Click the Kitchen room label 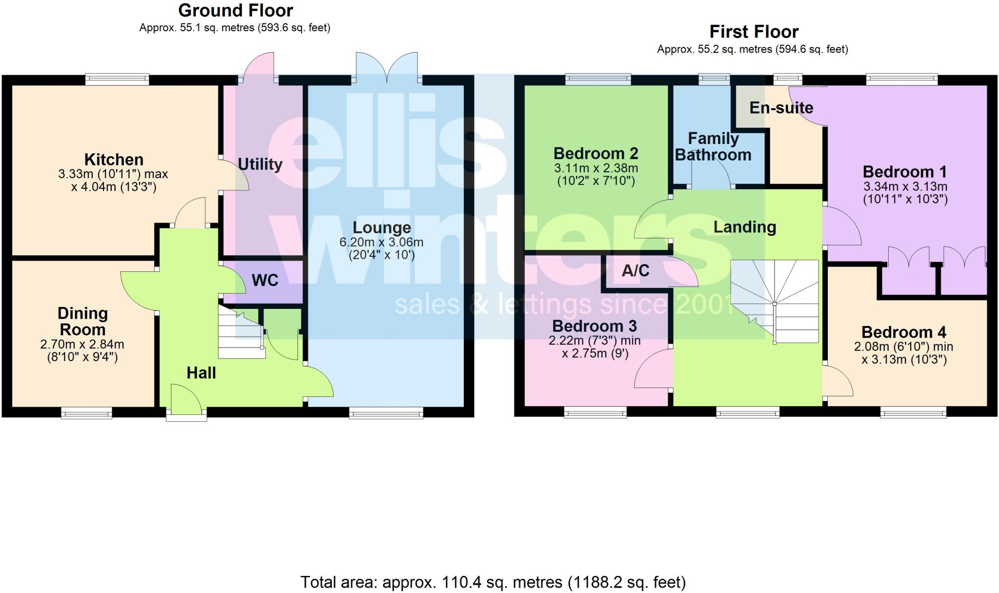click(114, 160)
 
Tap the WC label click(265, 280)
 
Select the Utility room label click(260, 164)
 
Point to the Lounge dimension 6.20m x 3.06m click(381, 242)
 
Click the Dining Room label click(82, 321)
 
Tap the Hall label click(201, 373)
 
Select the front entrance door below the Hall click(186, 401)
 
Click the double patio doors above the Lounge click(387, 67)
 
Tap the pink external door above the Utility click(259, 68)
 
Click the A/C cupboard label click(635, 270)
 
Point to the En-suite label click(781, 108)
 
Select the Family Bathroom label click(713, 146)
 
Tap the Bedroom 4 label click(903, 332)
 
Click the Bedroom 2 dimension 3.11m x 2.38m click(596, 168)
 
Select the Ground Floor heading click(236, 10)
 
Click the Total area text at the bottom click(493, 582)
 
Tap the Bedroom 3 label click(594, 326)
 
